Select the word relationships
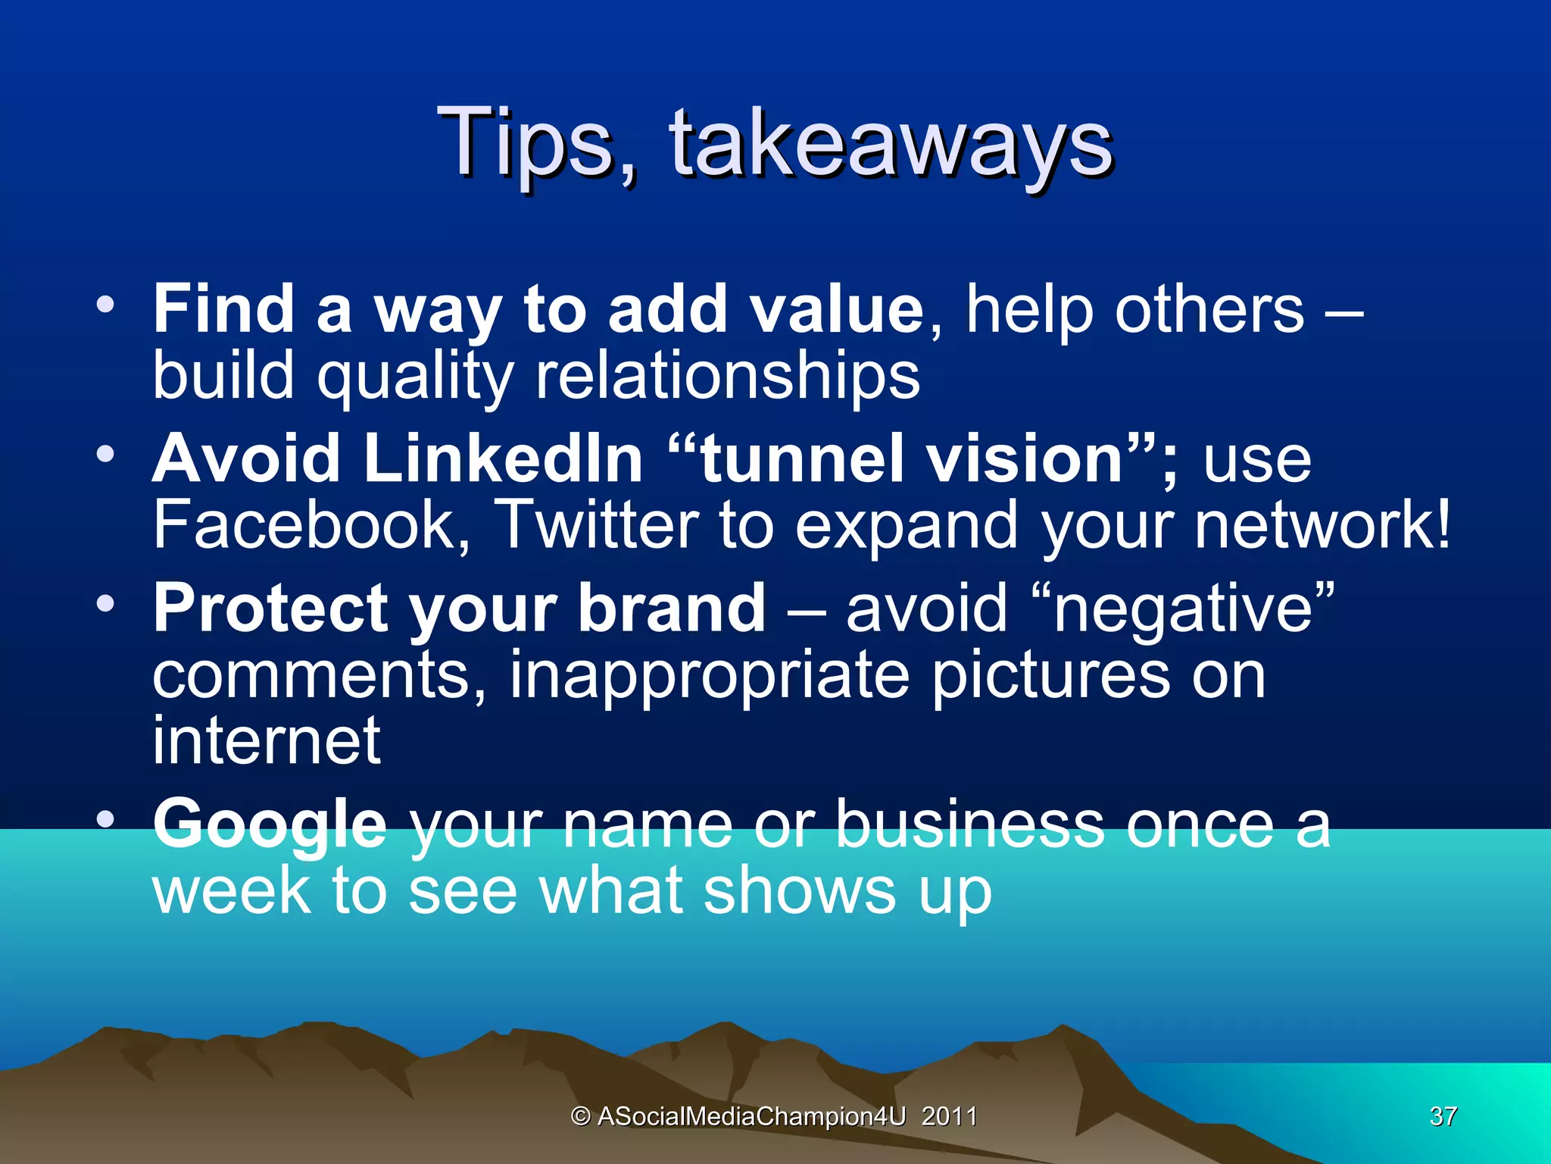(727, 376)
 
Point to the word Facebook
(312, 525)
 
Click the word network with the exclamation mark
(1322, 525)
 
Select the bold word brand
(671, 609)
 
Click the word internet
(267, 741)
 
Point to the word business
(969, 824)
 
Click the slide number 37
(1443, 1116)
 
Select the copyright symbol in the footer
(581, 1116)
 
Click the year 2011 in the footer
(949, 1116)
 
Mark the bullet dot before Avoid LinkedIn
(105, 455)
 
